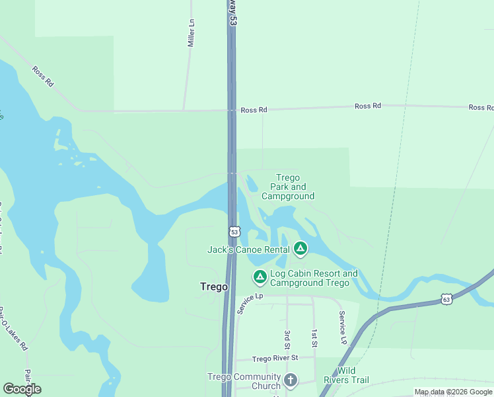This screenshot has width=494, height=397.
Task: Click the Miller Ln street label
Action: click(192, 32)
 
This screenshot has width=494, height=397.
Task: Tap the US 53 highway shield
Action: click(234, 232)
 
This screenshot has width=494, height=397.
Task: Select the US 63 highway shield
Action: click(446, 299)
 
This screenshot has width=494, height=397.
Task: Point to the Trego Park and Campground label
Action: click(288, 187)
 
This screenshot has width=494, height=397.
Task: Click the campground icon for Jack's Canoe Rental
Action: click(300, 249)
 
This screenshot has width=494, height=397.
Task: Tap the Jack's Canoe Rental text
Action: click(248, 249)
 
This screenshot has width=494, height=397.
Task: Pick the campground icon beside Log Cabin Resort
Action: click(260, 277)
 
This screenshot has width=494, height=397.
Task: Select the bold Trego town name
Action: click(213, 287)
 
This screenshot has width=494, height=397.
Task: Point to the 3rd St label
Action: click(287, 339)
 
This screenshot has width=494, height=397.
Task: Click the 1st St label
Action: click(314, 338)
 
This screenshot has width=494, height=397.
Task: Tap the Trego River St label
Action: click(275, 358)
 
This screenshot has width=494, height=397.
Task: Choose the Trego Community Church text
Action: click(244, 381)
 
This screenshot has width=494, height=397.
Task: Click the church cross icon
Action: click(290, 380)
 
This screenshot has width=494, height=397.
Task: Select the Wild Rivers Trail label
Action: click(346, 375)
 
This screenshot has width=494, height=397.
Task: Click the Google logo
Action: click(22, 389)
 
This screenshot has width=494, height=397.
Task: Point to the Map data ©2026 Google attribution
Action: click(453, 392)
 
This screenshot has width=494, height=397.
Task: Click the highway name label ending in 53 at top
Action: click(232, 13)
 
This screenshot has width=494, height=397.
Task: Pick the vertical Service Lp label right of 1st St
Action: click(342, 328)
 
